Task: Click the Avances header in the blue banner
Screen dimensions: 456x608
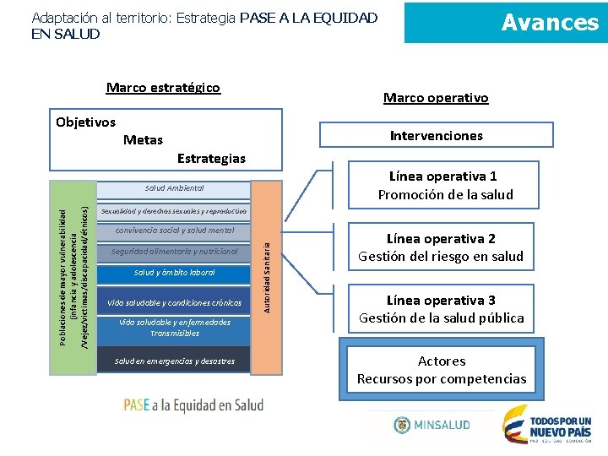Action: (550, 22)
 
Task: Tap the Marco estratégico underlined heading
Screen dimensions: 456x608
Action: (163, 88)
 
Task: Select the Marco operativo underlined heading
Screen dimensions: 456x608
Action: (436, 98)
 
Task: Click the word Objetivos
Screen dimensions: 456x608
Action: (85, 122)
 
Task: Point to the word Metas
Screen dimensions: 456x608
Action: (143, 139)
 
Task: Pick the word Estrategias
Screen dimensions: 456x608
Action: (211, 158)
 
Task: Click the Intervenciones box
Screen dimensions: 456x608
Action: (436, 135)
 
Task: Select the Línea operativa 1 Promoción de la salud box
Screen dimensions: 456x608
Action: (445, 186)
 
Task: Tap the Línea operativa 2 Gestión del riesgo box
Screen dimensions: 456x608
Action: (440, 247)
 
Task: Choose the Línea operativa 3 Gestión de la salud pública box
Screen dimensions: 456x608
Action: (441, 309)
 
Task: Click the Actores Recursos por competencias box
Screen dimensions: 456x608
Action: (441, 370)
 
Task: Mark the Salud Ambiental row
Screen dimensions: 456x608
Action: (174, 188)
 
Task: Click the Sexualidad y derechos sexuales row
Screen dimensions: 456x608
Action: (173, 210)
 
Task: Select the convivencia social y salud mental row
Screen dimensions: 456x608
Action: (174, 231)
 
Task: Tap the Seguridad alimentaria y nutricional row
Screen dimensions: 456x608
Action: (174, 252)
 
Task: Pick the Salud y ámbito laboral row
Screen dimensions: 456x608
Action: (174, 273)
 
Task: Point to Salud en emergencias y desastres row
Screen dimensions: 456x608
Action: (174, 361)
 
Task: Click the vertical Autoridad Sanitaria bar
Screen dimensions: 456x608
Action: (266, 276)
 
